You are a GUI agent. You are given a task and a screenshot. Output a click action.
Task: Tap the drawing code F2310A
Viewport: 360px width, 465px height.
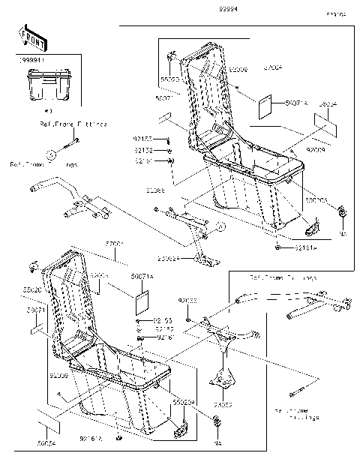(x=335, y=13)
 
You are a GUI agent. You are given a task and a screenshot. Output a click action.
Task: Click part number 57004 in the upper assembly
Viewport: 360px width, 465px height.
(x=272, y=68)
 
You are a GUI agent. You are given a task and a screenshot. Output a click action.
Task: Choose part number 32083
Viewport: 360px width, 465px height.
(x=222, y=404)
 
